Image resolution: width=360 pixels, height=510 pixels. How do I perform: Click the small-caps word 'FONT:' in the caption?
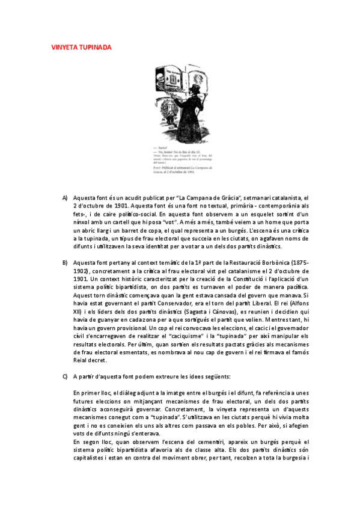[157, 165]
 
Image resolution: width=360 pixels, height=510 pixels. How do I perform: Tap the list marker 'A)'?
[65, 197]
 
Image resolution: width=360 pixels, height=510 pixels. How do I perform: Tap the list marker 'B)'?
[65, 263]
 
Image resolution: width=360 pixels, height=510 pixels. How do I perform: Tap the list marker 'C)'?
[65, 376]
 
